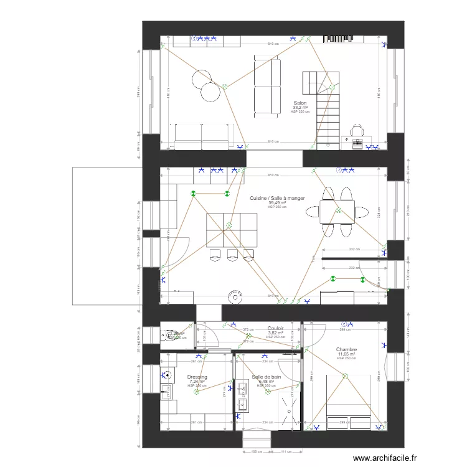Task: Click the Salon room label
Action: click(300, 103)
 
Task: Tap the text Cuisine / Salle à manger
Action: click(277, 198)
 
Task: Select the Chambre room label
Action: click(346, 350)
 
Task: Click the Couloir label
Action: click(276, 328)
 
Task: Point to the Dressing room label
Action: click(197, 377)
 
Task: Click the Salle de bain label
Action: click(267, 377)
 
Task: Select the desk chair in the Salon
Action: click(357, 131)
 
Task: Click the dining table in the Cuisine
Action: click(337, 212)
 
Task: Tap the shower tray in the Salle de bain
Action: click(288, 411)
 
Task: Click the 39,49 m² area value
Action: click(277, 202)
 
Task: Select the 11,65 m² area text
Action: click(346, 354)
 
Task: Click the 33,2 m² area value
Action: click(300, 108)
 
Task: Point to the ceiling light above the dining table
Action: click(339, 210)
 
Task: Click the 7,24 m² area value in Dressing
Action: click(197, 381)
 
